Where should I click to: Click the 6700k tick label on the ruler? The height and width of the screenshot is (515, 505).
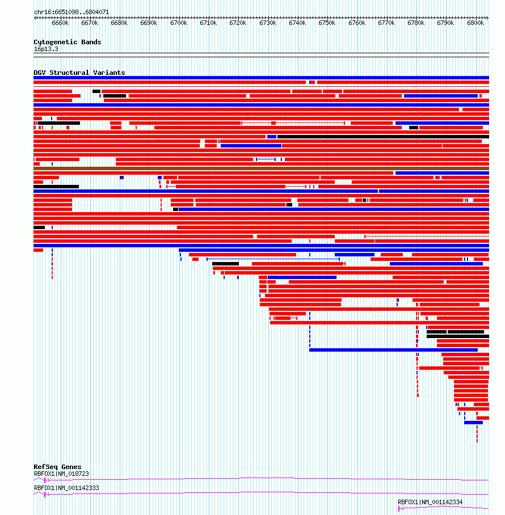pos(179,23)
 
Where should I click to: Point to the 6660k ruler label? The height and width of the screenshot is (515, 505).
pos(60,23)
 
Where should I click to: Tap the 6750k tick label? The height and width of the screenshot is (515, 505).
pos(327,23)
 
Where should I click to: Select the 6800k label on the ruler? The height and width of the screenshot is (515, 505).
pos(475,23)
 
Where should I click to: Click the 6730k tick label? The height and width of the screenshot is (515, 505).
pos(268,23)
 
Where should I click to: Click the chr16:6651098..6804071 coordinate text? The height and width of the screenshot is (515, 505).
pos(71,12)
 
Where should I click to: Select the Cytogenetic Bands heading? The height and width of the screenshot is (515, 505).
pos(68,42)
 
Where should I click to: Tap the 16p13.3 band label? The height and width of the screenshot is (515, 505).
pos(46,49)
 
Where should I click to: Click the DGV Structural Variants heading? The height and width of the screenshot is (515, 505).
pos(79,73)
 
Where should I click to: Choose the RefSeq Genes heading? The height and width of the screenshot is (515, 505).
pos(57,467)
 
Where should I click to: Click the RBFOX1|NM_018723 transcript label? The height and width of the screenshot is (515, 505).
pos(61,474)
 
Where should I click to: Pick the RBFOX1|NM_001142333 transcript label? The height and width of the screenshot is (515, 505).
pos(66,488)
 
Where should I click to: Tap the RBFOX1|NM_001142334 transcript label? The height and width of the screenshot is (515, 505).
pos(430,502)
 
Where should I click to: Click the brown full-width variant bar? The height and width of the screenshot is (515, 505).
pos(261,168)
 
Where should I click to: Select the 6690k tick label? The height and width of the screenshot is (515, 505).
pos(149,23)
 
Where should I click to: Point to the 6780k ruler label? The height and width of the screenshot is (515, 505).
pos(416,23)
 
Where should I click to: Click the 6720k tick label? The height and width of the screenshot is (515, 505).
pos(238,23)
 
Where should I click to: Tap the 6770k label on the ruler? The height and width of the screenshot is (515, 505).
pos(386,23)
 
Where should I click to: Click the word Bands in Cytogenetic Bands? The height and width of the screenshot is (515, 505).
pos(91,42)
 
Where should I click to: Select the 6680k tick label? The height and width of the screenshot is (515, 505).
pos(119,23)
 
